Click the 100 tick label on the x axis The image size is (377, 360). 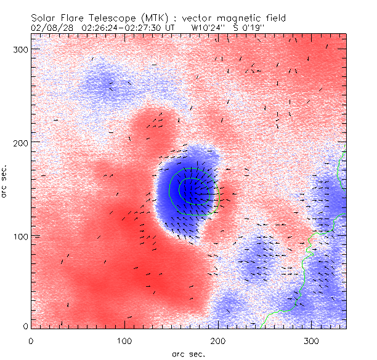pos(124,340)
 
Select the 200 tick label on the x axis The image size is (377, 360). pos(219,340)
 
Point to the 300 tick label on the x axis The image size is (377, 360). pos(312,340)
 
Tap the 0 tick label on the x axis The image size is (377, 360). pos(31,340)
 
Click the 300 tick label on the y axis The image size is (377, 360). pos(20,48)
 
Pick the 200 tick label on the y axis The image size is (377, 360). pos(20,142)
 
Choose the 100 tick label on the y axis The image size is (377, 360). pos(20,236)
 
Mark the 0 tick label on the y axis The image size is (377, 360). pos(25,326)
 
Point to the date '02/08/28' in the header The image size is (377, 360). pos(49,28)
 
